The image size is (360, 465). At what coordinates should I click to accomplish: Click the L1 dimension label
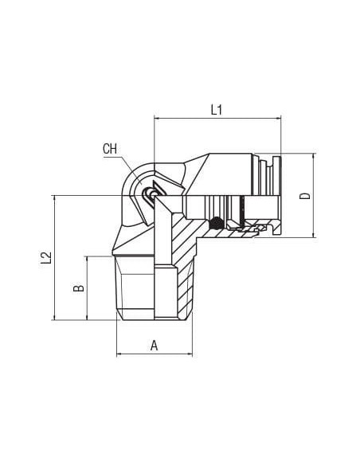coord(217,110)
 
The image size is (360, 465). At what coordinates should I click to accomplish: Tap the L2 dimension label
coord(46,258)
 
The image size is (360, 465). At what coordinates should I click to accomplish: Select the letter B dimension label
coord(79,288)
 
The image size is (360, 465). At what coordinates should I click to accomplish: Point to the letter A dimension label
coord(155,346)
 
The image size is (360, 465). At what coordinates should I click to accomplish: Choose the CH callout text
coord(110,149)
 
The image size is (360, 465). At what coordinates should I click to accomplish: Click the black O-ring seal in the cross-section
coord(216,223)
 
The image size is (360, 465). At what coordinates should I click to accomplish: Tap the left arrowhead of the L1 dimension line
coord(157,119)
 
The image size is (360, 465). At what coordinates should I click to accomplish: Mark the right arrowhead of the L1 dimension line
coord(278,119)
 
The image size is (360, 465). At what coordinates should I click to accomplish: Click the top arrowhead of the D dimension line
coord(314,156)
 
